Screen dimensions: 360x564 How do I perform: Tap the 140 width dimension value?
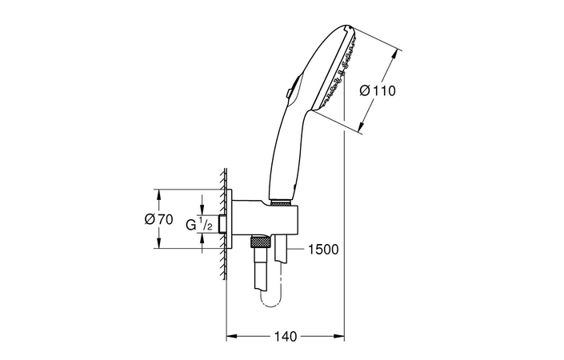click(286, 337)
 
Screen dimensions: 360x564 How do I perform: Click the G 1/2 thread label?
click(199, 225)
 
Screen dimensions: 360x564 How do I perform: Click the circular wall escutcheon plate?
click(230, 220)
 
